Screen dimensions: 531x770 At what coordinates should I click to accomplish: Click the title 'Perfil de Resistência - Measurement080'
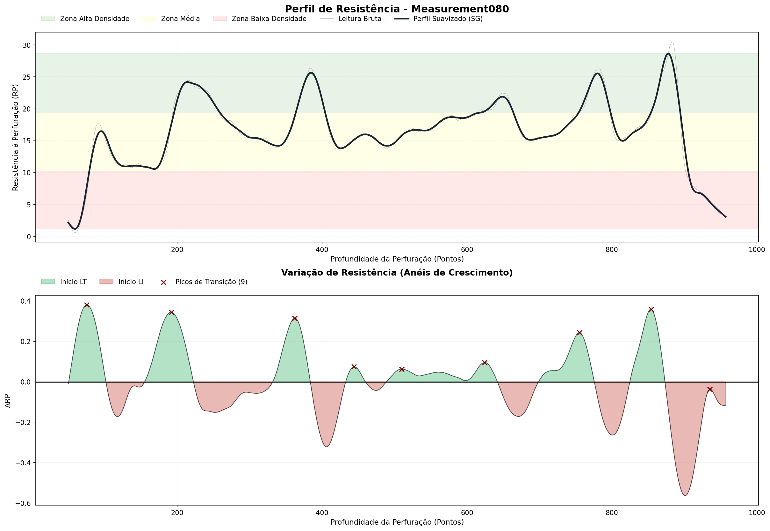point(397,9)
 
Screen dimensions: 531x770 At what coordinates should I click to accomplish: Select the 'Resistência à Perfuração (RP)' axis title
point(15,137)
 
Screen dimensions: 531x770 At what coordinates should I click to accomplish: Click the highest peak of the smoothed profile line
point(668,54)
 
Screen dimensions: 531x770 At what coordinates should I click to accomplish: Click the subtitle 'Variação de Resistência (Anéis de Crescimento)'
point(397,273)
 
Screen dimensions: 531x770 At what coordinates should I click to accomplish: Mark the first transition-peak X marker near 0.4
point(87,305)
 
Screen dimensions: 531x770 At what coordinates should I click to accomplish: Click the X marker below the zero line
point(710,389)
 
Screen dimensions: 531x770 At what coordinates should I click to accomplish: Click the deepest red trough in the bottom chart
point(685,495)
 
